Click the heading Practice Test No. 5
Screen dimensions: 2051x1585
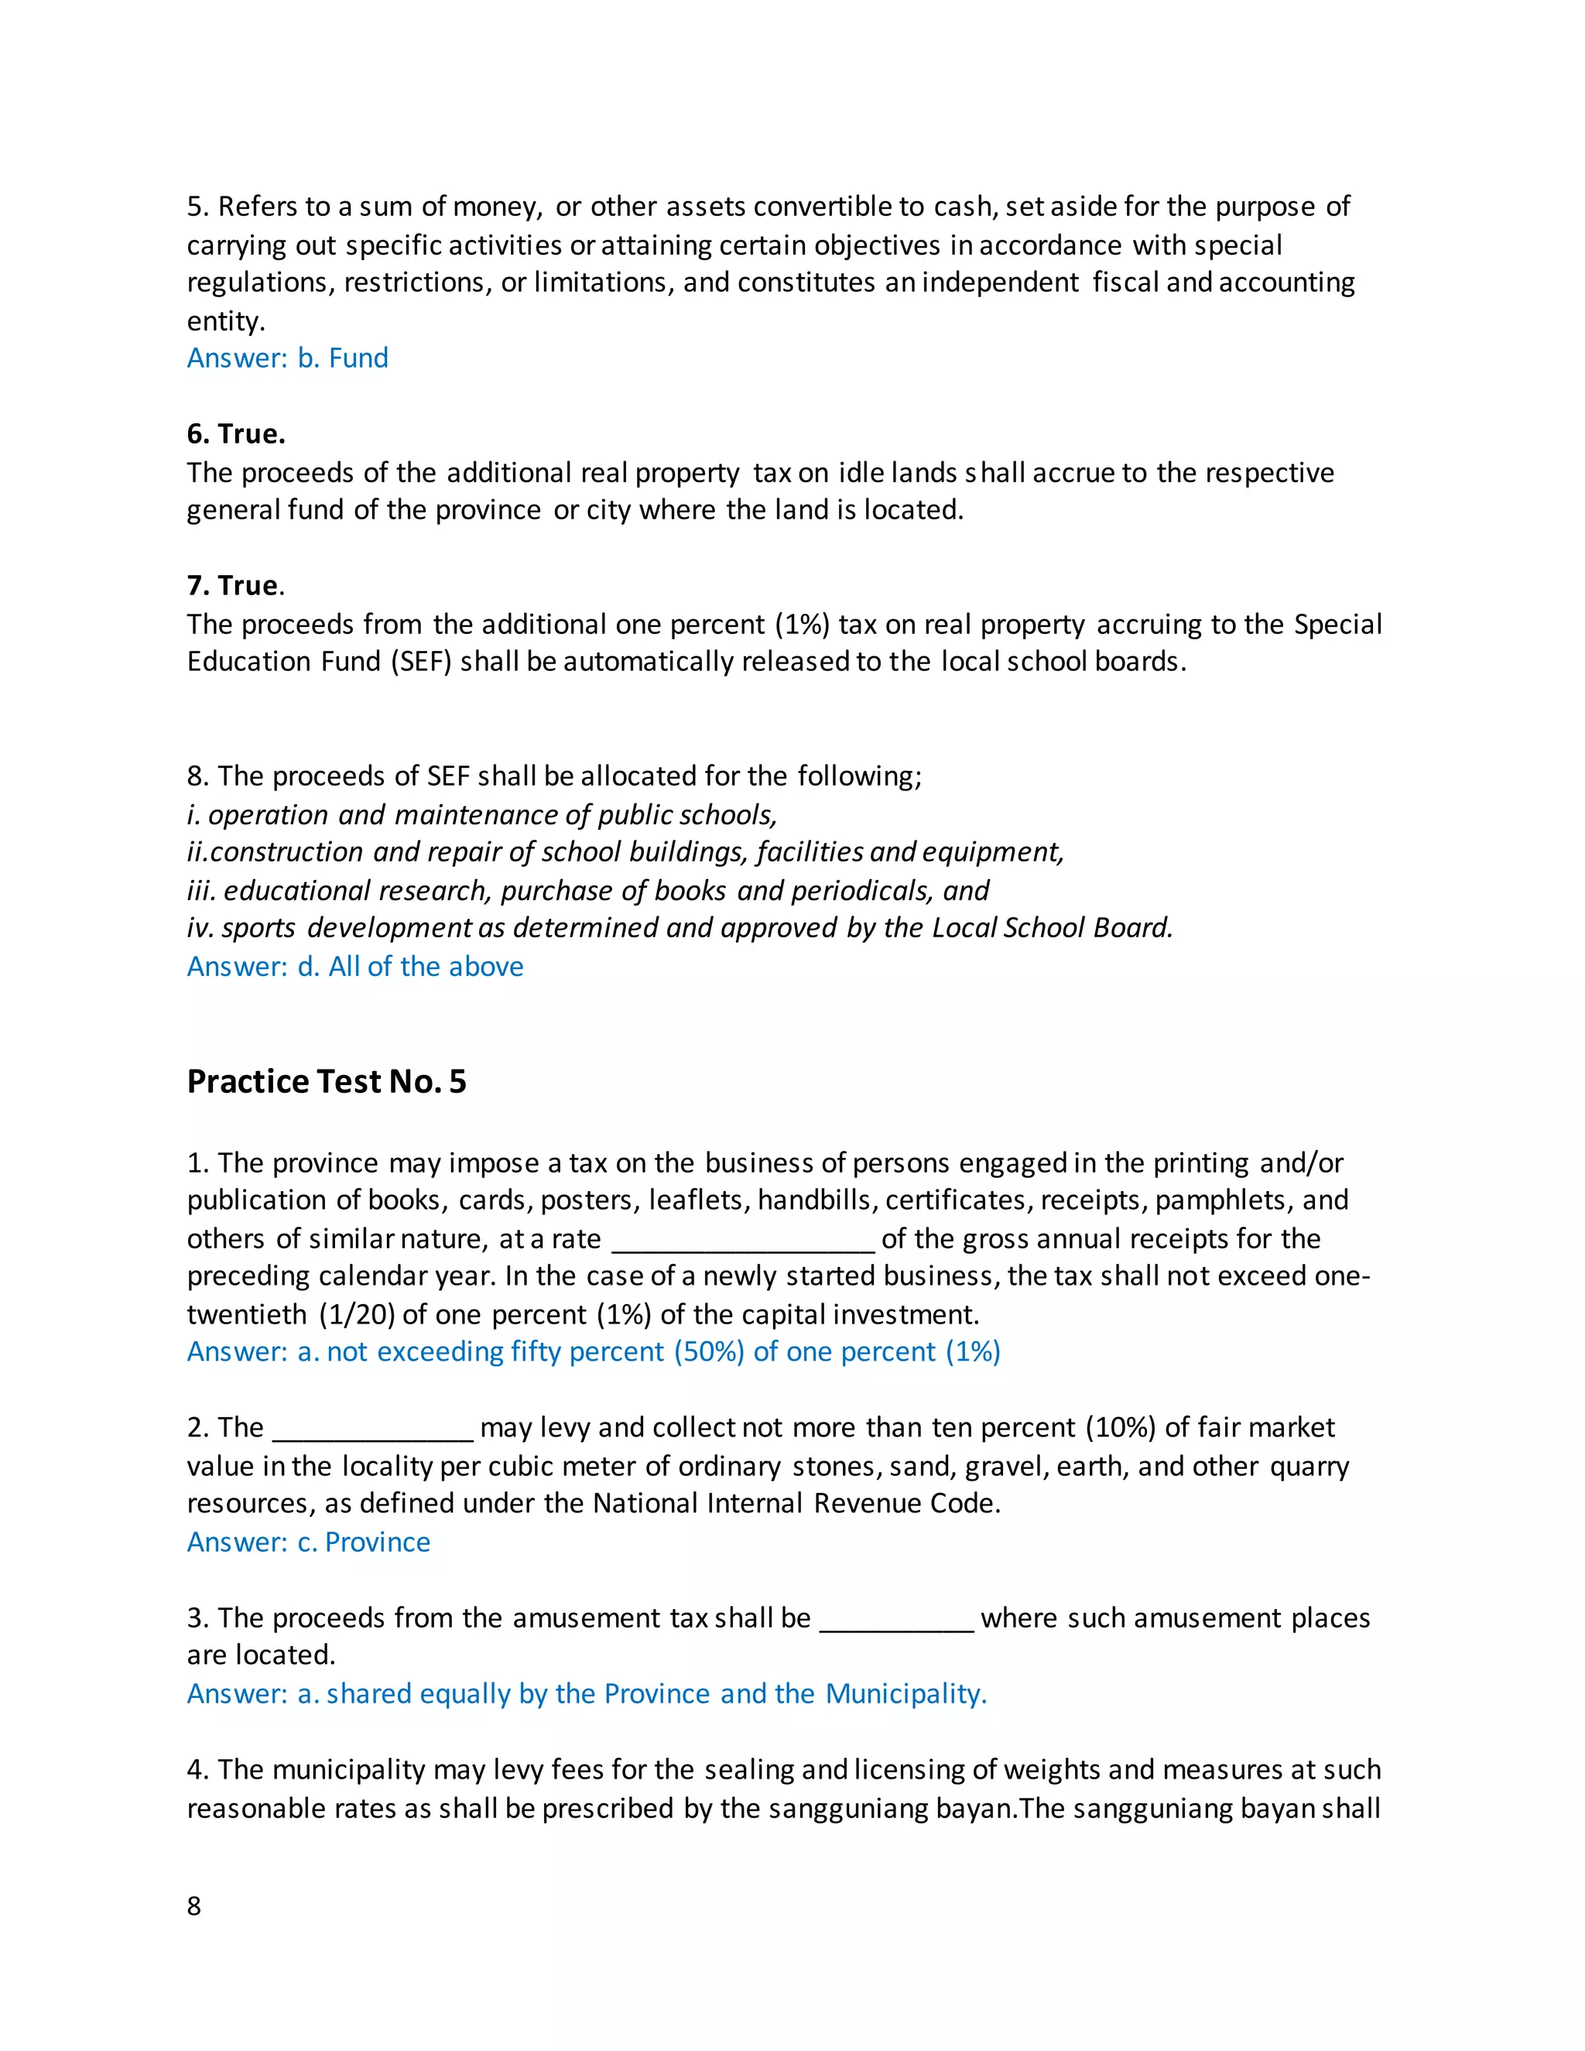(x=326, y=1082)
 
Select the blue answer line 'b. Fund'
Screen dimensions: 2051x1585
(x=287, y=358)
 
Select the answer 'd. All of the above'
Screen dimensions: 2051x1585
(x=355, y=967)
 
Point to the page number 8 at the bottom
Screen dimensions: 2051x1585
(x=194, y=1905)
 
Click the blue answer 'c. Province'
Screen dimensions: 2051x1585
(x=308, y=1542)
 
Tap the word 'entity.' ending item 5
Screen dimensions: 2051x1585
(x=226, y=321)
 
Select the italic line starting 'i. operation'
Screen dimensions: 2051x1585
(x=481, y=814)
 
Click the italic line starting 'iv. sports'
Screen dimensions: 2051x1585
(x=680, y=928)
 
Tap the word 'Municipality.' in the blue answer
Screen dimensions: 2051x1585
(x=906, y=1693)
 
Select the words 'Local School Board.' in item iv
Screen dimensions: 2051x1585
(x=1052, y=928)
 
